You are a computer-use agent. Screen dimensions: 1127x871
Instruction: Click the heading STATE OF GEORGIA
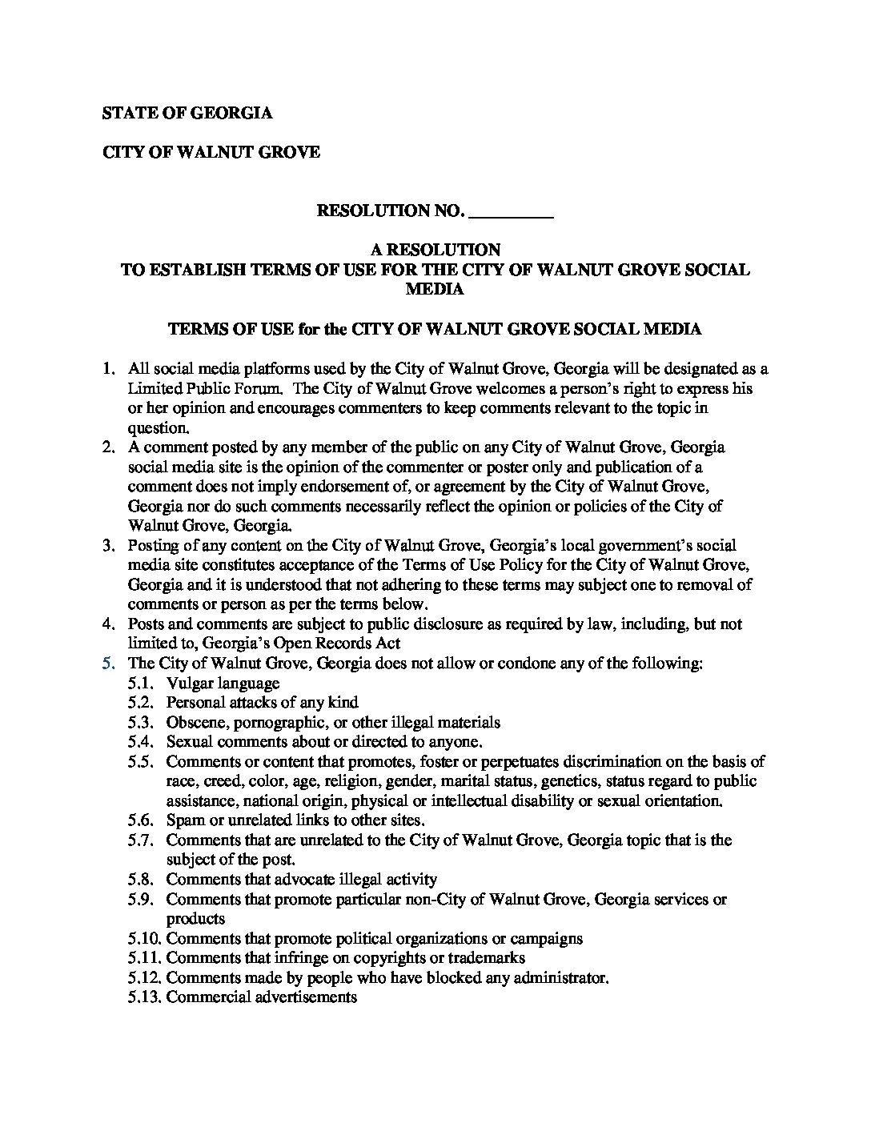(x=187, y=113)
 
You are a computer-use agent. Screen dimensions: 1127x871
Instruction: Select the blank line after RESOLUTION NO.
(x=511, y=213)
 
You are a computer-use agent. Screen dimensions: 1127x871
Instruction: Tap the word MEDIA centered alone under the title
(x=435, y=290)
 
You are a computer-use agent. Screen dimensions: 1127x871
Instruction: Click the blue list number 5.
(x=109, y=664)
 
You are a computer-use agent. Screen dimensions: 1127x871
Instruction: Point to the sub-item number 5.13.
(x=143, y=997)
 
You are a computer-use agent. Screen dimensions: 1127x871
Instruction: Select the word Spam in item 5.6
(x=183, y=820)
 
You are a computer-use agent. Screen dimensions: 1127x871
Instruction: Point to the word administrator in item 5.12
(x=557, y=978)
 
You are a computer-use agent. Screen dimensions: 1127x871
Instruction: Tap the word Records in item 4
(x=347, y=644)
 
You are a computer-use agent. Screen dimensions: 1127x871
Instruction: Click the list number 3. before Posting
(x=109, y=546)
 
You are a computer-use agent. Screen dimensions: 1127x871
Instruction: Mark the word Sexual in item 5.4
(x=189, y=742)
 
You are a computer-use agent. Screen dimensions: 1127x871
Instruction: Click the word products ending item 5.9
(x=195, y=919)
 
